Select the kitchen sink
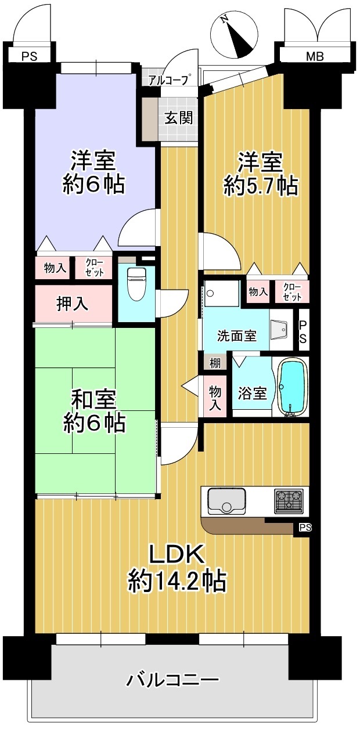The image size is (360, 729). pyautogui.click(x=227, y=501)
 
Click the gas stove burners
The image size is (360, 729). pyautogui.click(x=289, y=501)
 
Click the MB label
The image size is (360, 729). pyautogui.click(x=315, y=57)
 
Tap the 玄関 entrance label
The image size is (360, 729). pyautogui.click(x=178, y=117)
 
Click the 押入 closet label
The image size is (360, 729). pyautogui.click(x=72, y=304)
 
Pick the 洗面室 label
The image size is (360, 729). pyautogui.click(x=237, y=335)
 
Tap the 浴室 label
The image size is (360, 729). pyautogui.click(x=252, y=393)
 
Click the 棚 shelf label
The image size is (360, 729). pyautogui.click(x=214, y=363)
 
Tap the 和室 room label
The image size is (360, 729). pyautogui.click(x=93, y=399)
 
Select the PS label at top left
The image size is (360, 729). pyautogui.click(x=29, y=57)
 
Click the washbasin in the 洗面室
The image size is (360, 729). pyautogui.click(x=279, y=329)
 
